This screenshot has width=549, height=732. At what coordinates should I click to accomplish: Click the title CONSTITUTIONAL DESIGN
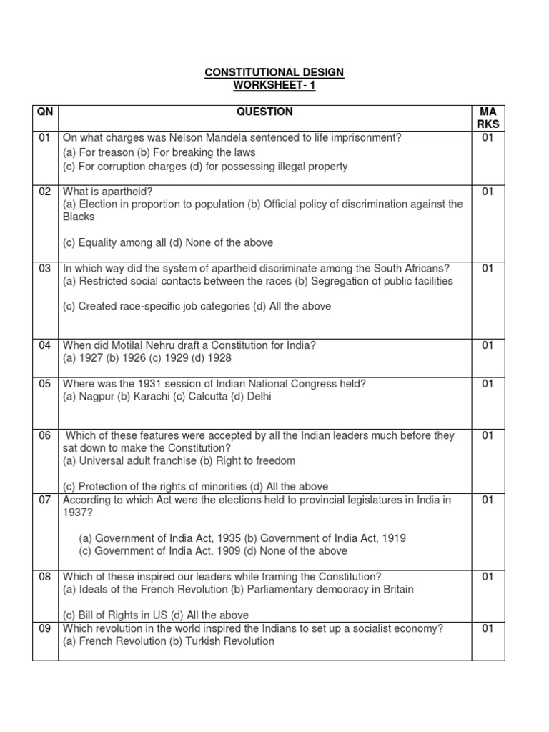pos(274,73)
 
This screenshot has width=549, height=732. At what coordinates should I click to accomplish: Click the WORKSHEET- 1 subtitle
pos(274,86)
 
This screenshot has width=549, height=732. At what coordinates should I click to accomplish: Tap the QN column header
pos(45,112)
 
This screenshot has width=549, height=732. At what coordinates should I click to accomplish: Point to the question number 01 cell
pos(45,138)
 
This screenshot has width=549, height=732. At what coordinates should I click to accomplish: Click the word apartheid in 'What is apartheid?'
pos(127,191)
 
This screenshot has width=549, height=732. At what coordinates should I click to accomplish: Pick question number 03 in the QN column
pos(45,268)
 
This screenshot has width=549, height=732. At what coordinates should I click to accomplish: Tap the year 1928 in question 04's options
pos(218,357)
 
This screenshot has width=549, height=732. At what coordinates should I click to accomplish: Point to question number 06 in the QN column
pos(45,435)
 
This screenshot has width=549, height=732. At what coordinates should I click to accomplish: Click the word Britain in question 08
pos(395,590)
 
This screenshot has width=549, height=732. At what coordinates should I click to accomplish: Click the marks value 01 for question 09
pos(488,628)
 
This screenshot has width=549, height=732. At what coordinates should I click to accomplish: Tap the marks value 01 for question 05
pos(488,384)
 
